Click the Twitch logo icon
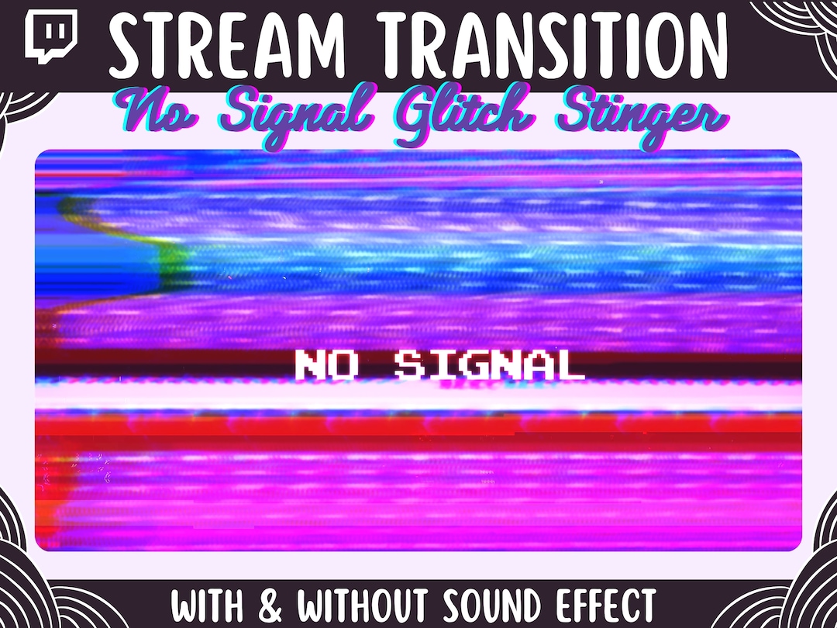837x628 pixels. pyautogui.click(x=51, y=38)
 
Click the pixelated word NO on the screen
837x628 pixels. pyautogui.click(x=326, y=365)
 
